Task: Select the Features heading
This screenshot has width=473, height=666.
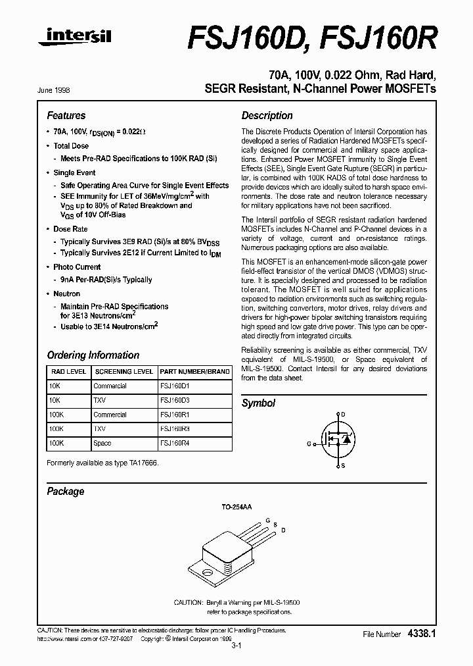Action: click(x=66, y=115)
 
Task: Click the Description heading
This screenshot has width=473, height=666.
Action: click(x=267, y=115)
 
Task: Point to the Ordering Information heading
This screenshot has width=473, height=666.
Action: click(x=93, y=355)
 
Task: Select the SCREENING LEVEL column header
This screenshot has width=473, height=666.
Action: click(x=123, y=372)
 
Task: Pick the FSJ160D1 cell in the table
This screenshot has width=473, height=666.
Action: click(x=175, y=386)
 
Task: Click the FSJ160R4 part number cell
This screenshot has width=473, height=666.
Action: click(x=175, y=444)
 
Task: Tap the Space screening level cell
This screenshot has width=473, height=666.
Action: click(x=102, y=444)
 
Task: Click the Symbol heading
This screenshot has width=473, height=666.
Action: click(x=258, y=403)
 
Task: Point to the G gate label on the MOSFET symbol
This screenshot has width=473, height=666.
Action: click(x=309, y=444)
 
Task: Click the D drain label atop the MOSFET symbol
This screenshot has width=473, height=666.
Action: click(x=342, y=415)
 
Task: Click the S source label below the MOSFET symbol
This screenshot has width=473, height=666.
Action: click(x=342, y=465)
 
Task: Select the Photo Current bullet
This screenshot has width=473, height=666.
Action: click(x=77, y=267)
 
